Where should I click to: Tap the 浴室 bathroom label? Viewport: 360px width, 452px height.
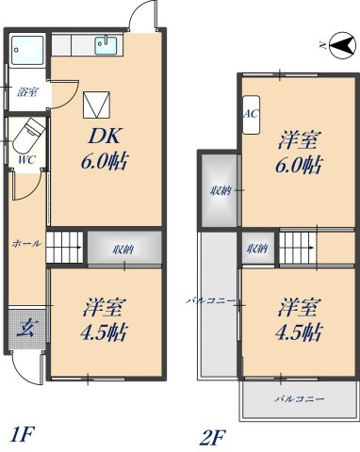tap(28, 92)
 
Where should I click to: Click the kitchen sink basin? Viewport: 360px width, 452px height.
tap(106, 44)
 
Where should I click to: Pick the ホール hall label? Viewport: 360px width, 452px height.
tap(26, 243)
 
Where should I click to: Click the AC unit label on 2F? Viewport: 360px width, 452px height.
tap(251, 114)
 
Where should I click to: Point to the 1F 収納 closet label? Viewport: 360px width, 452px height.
tap(122, 250)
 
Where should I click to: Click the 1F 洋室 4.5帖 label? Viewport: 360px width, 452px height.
tap(104, 320)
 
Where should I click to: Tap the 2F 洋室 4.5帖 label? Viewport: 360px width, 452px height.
tap(299, 320)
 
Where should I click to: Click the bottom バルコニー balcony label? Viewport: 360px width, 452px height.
tap(299, 400)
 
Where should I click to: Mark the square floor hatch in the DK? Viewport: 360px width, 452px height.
tap(98, 104)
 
